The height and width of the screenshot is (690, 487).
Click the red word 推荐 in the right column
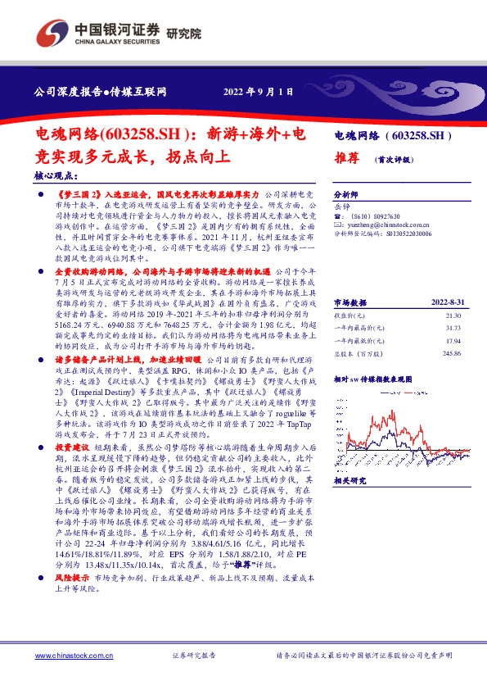tap(346, 159)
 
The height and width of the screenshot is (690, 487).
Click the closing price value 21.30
tap(454, 293)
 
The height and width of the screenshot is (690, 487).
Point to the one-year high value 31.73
tap(454, 305)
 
